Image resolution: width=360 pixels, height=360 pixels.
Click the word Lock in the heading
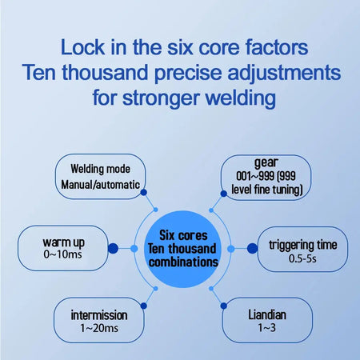click(x=82, y=47)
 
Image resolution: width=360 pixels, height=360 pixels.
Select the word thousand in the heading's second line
click(x=105, y=73)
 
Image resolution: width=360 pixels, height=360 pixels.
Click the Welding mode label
click(x=101, y=169)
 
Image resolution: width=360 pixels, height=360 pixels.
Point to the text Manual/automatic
click(x=101, y=185)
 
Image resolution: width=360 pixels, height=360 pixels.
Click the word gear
click(x=266, y=162)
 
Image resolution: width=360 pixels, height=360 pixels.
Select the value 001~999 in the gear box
click(x=255, y=176)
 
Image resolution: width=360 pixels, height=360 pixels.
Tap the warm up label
click(x=63, y=242)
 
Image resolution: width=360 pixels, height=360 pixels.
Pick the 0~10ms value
click(x=62, y=254)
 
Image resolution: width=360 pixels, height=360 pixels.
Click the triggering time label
click(x=303, y=245)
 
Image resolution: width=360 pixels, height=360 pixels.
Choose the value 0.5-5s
click(x=302, y=258)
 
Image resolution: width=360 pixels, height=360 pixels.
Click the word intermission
click(x=99, y=315)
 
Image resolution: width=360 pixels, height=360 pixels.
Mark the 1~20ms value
click(x=99, y=328)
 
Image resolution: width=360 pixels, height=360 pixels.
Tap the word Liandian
click(x=267, y=314)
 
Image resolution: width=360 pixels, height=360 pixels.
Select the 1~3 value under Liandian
click(x=266, y=328)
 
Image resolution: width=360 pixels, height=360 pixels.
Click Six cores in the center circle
click(x=183, y=235)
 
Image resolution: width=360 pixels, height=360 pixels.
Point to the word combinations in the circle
click(x=183, y=262)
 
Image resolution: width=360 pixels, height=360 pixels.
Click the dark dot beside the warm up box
click(x=113, y=248)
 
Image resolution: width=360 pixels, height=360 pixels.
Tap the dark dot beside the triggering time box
click(x=252, y=249)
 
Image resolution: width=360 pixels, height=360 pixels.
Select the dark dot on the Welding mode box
click(x=143, y=192)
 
